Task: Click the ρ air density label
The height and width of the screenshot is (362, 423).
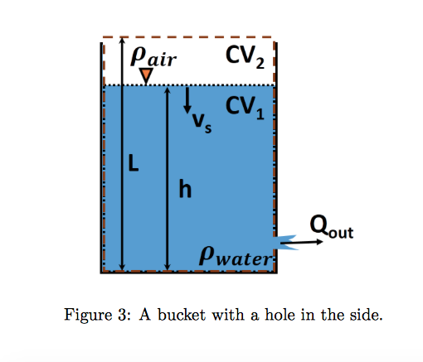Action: coord(152,56)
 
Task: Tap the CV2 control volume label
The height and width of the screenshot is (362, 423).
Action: coord(246,56)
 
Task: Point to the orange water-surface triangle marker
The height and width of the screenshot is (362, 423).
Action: coord(146,76)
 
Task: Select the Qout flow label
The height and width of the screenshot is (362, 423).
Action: coord(331,224)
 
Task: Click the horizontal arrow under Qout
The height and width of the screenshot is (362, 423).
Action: coord(305,242)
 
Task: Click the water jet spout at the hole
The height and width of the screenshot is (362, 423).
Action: coord(283,241)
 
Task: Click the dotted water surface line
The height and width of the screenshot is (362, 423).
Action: coord(216,85)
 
